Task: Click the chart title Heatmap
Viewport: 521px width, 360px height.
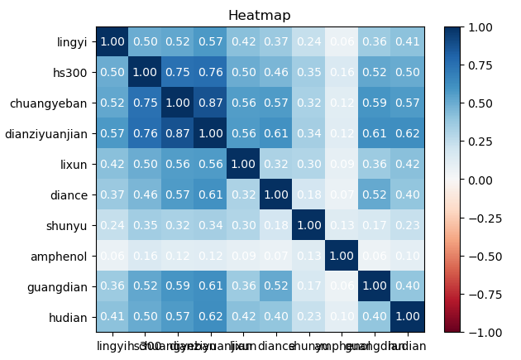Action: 260,16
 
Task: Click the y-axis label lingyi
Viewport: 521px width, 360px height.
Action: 72,41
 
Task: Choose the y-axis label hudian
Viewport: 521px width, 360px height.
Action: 71,316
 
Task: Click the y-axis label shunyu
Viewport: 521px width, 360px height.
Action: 69,225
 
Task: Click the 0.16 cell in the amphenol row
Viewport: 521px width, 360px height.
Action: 144,256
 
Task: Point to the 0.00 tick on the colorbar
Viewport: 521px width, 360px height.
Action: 486,180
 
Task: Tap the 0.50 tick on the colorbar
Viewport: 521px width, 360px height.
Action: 486,103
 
